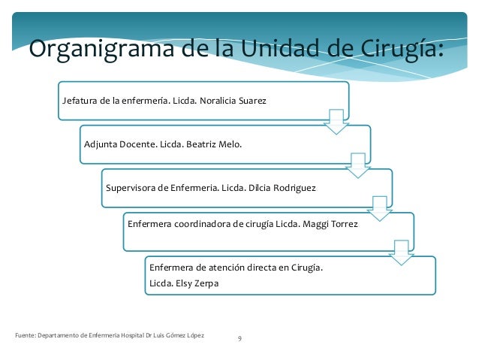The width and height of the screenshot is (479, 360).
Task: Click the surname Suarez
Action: [x=254, y=100]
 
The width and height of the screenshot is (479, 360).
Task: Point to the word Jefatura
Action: [x=80, y=100]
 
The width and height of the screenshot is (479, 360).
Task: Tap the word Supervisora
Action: [x=131, y=187]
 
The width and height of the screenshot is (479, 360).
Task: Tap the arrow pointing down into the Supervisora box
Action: [x=358, y=165]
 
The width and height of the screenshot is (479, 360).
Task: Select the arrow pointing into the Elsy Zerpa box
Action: [x=402, y=252]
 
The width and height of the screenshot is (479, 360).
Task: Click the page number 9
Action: [x=239, y=340]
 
